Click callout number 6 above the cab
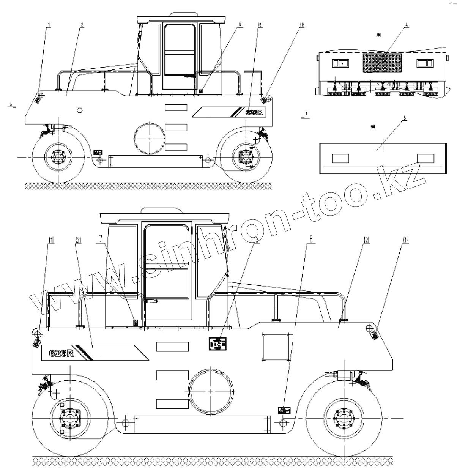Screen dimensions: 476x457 tap(240, 24)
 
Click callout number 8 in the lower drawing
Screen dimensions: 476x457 tap(311, 240)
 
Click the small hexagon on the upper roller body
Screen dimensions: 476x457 tap(80, 110)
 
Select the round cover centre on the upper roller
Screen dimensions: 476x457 tap(150, 138)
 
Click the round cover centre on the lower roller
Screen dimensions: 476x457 tap(211, 391)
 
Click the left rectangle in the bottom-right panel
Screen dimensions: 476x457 tap(340, 158)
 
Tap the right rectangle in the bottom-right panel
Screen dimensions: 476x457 tap(425, 158)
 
